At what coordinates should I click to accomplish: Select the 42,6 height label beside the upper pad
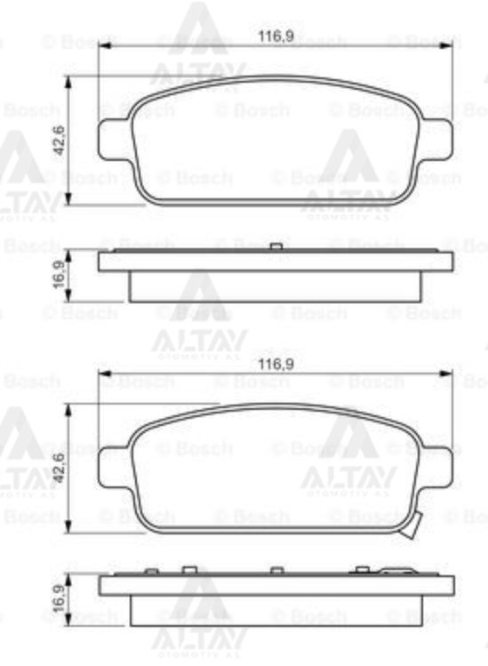[x=59, y=141]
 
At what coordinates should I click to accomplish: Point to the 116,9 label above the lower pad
[x=276, y=363]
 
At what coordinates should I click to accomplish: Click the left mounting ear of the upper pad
[x=113, y=140]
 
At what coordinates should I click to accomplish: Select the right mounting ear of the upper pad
[x=438, y=140]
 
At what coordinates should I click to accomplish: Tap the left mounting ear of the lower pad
[x=113, y=468]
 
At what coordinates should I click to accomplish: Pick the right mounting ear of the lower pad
[x=438, y=468]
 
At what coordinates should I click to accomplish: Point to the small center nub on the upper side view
[x=276, y=246]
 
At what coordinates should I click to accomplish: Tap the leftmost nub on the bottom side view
[x=151, y=571]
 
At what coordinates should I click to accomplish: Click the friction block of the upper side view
[x=276, y=286]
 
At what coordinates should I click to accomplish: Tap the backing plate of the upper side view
[x=276, y=261]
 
